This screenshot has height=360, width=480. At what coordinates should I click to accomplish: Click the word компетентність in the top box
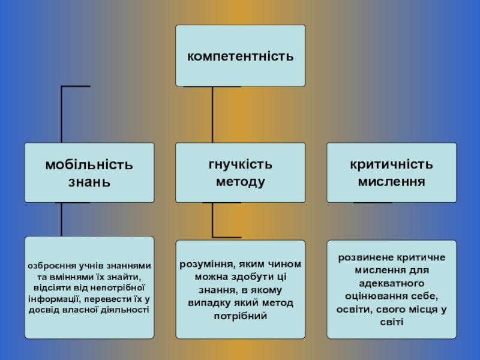[240, 57]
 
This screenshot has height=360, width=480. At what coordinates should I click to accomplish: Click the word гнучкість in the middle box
[240, 164]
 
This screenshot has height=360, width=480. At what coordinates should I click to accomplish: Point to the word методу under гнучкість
[240, 181]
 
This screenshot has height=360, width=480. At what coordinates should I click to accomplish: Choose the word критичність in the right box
[391, 164]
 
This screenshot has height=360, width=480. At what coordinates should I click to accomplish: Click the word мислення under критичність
[391, 181]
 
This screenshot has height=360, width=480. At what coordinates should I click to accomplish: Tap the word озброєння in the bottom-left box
[49, 266]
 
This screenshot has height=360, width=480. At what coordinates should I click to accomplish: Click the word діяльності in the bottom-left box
[124, 310]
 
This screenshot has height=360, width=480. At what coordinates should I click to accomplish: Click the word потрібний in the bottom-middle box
[240, 315]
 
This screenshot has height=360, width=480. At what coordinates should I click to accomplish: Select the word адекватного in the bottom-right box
[391, 283]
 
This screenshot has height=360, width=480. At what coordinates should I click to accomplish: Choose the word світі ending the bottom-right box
[391, 322]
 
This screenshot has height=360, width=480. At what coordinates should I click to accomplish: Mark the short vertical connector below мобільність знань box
[62, 219]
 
